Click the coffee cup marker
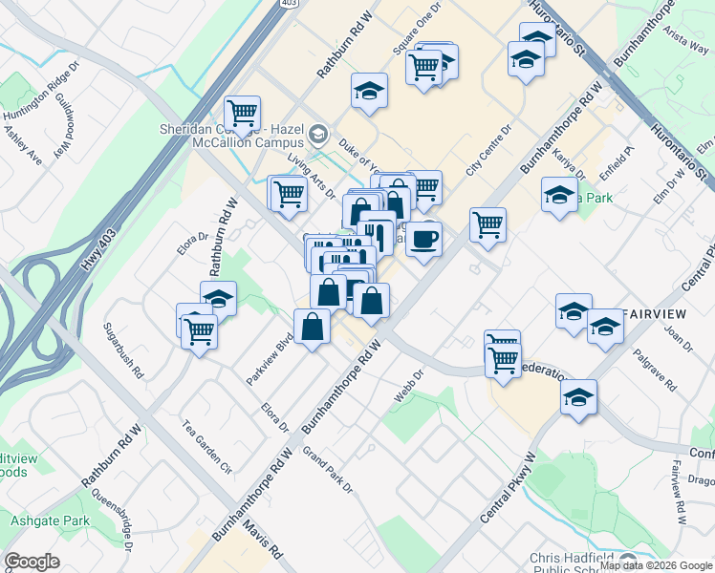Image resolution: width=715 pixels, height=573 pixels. pyautogui.click(x=423, y=238)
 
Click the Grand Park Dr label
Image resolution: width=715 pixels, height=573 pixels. pyautogui.click(x=328, y=470)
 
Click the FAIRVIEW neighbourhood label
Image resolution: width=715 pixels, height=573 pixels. pyautogui.click(x=655, y=314)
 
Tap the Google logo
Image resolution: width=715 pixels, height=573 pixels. pyautogui.click(x=32, y=562)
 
